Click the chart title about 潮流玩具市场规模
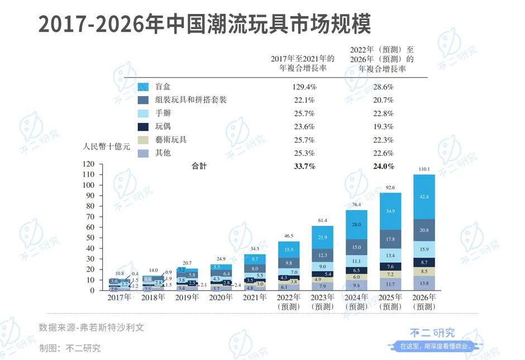point(204,25)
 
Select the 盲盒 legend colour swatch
point(144,87)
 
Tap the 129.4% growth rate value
point(304,87)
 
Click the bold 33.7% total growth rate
point(304,166)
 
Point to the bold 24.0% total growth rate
point(384,166)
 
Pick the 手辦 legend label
point(163,113)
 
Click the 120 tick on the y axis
point(89,164)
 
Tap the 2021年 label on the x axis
point(255,298)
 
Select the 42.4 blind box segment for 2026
point(424,196)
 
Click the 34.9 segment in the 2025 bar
point(390,211)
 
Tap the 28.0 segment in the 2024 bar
point(356,225)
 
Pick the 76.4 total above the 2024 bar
point(356,205)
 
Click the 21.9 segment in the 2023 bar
point(323,238)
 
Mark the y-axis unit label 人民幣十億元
point(107,148)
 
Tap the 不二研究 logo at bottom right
point(432,334)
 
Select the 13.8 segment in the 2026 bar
point(424,283)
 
